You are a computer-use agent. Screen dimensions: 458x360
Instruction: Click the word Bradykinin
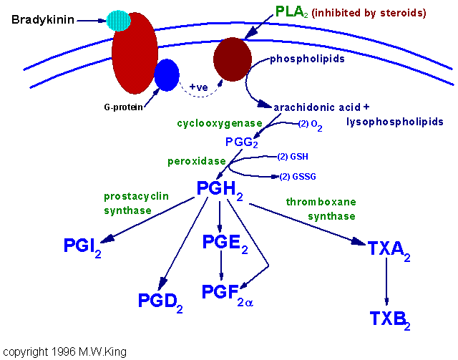pyautogui.click(x=43, y=19)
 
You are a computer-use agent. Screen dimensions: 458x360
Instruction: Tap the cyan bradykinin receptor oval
pyautogui.click(x=118, y=21)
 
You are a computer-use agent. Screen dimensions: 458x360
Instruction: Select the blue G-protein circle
pyautogui.click(x=167, y=75)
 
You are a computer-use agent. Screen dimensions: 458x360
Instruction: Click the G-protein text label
pyautogui.click(x=124, y=107)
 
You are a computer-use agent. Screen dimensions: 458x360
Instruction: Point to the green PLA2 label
pyautogui.click(x=291, y=12)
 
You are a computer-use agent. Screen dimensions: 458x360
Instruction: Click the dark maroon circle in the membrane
pyautogui.click(x=233, y=59)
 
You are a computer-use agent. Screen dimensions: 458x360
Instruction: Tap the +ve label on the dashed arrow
pyautogui.click(x=199, y=87)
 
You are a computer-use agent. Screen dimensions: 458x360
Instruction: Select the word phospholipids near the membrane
pyautogui.click(x=307, y=59)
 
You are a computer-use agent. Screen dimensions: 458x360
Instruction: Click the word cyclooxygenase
pyautogui.click(x=220, y=123)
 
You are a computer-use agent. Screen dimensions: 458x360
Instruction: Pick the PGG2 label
pyautogui.click(x=242, y=142)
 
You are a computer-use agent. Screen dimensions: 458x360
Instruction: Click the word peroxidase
pyautogui.click(x=197, y=161)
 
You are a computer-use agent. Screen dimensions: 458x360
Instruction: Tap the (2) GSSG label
pyautogui.click(x=298, y=177)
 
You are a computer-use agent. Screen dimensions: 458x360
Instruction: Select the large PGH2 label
pyautogui.click(x=220, y=190)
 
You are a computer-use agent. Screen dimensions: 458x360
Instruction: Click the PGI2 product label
pyautogui.click(x=82, y=248)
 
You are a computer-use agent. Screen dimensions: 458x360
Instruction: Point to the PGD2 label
pyautogui.click(x=160, y=303)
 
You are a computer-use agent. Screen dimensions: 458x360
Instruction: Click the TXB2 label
pyautogui.click(x=390, y=320)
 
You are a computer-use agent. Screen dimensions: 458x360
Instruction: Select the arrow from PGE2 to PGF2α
pyautogui.click(x=221, y=265)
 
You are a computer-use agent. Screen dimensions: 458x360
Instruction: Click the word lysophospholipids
pyautogui.click(x=395, y=122)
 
